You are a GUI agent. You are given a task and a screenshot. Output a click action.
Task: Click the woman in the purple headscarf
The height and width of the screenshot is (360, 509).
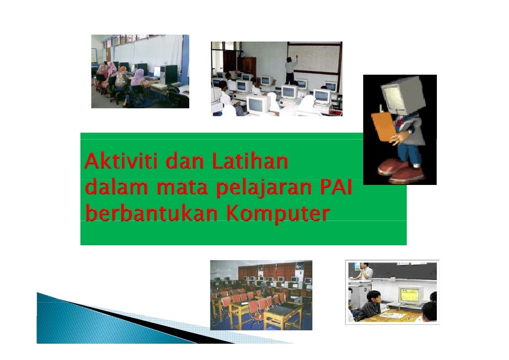138,85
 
